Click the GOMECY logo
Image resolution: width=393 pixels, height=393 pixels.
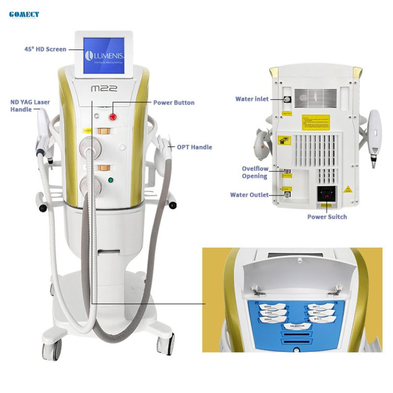click(x=24, y=14)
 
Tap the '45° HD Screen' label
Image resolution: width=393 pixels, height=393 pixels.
click(x=45, y=49)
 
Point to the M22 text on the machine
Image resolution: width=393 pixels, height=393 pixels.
click(x=104, y=88)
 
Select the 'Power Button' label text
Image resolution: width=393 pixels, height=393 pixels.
click(x=173, y=103)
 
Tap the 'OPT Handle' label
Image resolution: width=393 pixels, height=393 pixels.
click(x=194, y=147)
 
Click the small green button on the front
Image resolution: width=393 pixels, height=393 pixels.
click(x=111, y=180)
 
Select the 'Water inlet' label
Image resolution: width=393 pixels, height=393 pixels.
click(x=252, y=99)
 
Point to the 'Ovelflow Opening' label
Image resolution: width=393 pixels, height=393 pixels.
click(x=254, y=172)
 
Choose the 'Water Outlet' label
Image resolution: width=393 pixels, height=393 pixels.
click(x=249, y=195)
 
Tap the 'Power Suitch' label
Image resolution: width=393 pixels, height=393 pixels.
click(x=327, y=217)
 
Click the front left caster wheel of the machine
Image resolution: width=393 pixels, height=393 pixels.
click(x=52, y=350)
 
